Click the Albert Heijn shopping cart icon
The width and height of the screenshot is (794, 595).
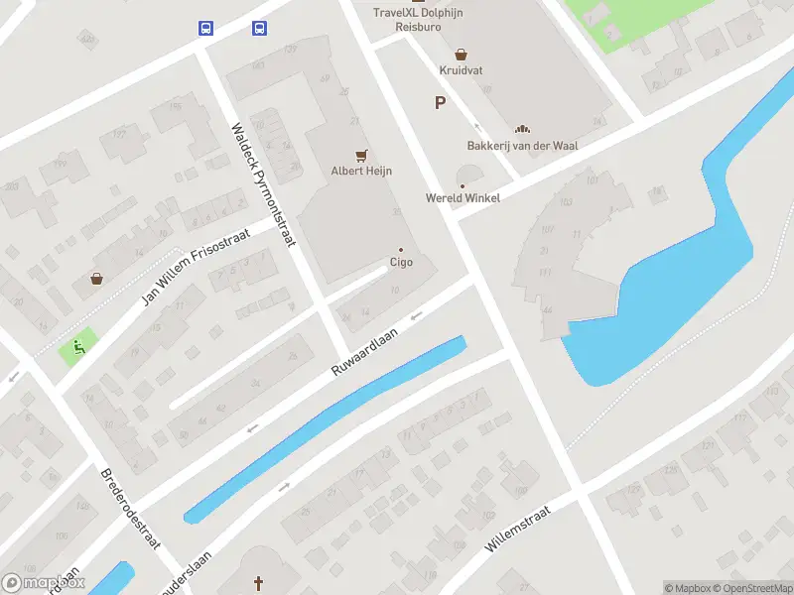(x=361, y=155)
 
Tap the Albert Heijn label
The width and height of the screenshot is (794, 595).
(x=361, y=171)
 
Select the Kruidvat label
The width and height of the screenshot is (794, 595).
(x=461, y=70)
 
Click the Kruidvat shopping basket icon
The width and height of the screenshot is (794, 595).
(x=461, y=55)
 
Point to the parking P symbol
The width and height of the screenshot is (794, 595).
(x=440, y=102)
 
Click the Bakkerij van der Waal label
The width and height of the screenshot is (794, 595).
(x=522, y=146)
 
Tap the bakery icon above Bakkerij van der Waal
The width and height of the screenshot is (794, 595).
(x=522, y=129)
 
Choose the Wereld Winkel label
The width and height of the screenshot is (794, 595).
(x=463, y=197)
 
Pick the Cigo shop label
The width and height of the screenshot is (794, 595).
(x=401, y=263)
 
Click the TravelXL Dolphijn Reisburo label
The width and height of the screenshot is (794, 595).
(x=418, y=19)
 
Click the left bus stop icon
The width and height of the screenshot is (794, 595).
(x=205, y=28)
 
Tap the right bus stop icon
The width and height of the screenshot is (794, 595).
(x=259, y=28)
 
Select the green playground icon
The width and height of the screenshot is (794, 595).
(x=76, y=347)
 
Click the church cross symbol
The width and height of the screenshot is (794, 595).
(x=259, y=583)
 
